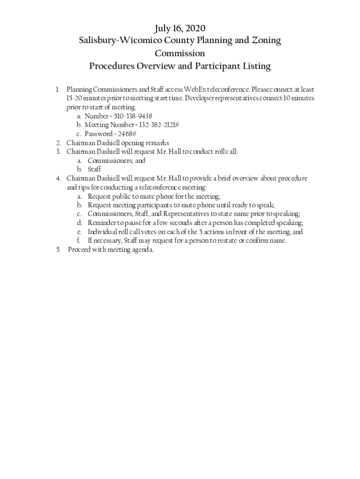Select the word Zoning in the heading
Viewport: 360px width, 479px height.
[266, 41]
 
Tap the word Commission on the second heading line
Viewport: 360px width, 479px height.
[180, 53]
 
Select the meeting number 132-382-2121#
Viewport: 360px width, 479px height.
[153, 125]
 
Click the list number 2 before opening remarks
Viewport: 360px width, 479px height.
[58, 143]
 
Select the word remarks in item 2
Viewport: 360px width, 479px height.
[157, 143]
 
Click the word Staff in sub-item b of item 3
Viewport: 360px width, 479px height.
[94, 169]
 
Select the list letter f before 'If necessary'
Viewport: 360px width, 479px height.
[79, 241]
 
